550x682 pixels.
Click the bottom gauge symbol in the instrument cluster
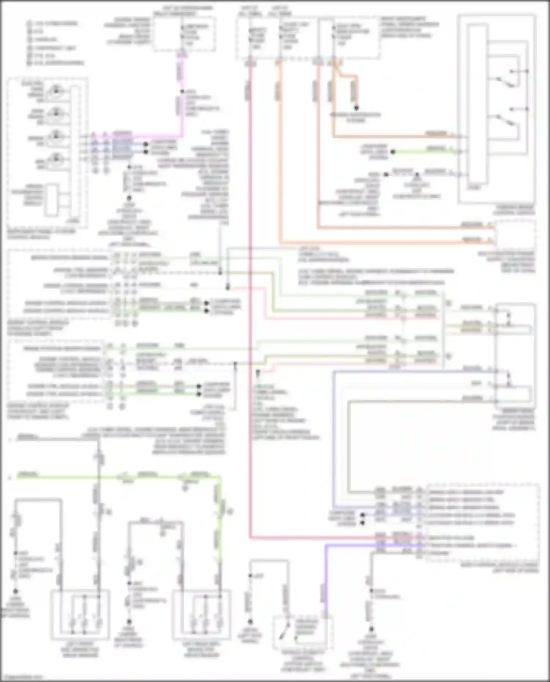(x=55, y=159)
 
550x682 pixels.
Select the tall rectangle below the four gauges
(x=51, y=200)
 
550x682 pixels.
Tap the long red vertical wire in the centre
(x=250, y=293)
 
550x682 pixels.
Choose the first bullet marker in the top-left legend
(x=29, y=24)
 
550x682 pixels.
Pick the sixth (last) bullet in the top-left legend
(x=29, y=63)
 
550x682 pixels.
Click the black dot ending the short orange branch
(x=356, y=108)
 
